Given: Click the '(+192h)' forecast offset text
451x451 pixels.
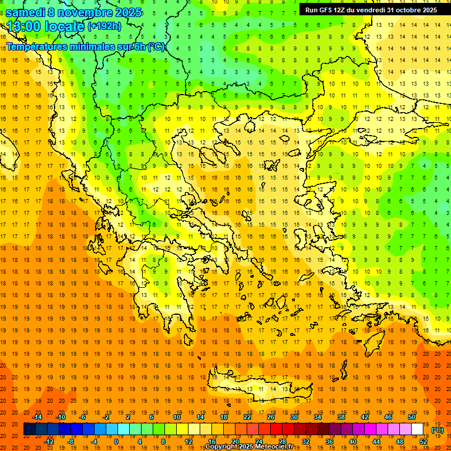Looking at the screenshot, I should pyautogui.click(x=104, y=26).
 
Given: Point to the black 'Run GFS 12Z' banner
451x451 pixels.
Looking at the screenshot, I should pyautogui.click(x=371, y=10).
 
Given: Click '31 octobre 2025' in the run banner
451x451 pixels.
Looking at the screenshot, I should pyautogui.click(x=412, y=10).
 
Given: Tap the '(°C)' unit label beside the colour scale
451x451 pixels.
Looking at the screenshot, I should pyautogui.click(x=437, y=430).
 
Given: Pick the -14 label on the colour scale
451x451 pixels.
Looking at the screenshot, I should pyautogui.click(x=38, y=417).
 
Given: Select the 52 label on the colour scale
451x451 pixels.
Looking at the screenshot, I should pyautogui.click(x=423, y=442).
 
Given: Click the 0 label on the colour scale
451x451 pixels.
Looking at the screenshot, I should pyautogui.click(x=116, y=442).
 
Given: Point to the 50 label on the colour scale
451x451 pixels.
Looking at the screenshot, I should pyautogui.click(x=412, y=417).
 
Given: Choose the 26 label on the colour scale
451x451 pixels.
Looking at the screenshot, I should pyautogui.click(x=271, y=417).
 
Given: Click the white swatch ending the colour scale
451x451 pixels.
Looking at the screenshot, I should pyautogui.click(x=417, y=429).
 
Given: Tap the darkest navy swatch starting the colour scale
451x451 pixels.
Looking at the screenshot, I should pyautogui.click(x=29, y=429).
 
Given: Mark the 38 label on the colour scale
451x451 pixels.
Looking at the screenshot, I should pyautogui.click(x=341, y=417).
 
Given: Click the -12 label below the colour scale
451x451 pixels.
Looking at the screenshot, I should pyautogui.click(x=49, y=442).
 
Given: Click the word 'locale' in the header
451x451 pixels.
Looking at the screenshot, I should pyautogui.click(x=66, y=26).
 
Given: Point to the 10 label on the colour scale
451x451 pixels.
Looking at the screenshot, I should pyautogui.click(x=177, y=417).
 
